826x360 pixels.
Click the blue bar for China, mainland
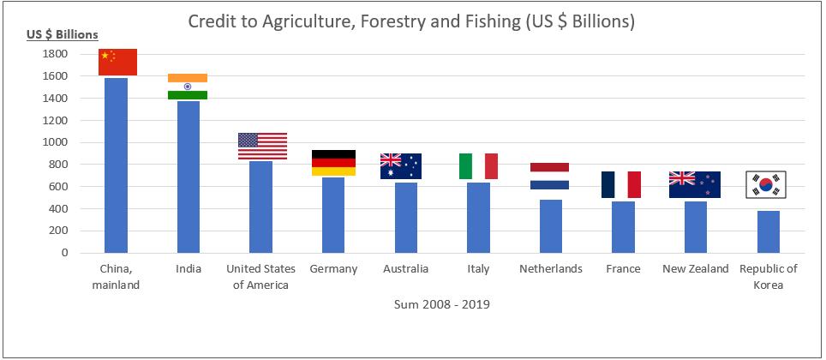click(x=116, y=165)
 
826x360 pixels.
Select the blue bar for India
click(x=188, y=177)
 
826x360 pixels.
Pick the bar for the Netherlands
click(x=551, y=226)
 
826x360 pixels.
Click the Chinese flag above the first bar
click(x=116, y=63)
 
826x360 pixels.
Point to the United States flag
click(x=262, y=146)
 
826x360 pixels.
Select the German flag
click(x=333, y=163)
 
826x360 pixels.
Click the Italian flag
click(x=478, y=166)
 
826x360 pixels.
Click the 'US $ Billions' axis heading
click(x=62, y=35)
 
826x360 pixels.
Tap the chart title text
click(x=411, y=21)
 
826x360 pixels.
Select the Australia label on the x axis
click(x=406, y=269)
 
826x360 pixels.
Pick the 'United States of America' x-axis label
click(x=260, y=277)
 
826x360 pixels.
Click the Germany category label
click(x=333, y=269)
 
